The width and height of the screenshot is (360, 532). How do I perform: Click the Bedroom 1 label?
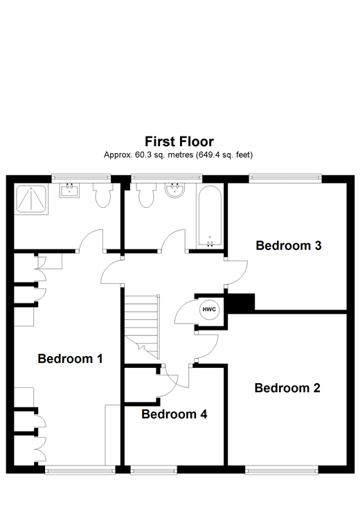(70, 359)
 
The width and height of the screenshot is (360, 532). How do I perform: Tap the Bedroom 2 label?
(287, 388)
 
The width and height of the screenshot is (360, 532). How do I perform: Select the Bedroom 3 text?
(288, 245)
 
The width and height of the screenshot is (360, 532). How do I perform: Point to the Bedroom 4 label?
(174, 415)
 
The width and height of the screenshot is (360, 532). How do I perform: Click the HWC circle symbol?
(208, 310)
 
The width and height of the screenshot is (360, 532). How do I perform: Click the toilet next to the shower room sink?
(103, 196)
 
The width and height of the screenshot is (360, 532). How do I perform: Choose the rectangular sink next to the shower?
(70, 190)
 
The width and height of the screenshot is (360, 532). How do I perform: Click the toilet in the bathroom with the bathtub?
(146, 196)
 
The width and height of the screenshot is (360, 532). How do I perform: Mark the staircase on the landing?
(142, 321)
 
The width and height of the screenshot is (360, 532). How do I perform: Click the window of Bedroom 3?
(286, 178)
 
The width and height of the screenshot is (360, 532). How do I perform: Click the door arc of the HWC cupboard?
(185, 314)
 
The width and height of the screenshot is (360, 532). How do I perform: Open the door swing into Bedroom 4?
(168, 378)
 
